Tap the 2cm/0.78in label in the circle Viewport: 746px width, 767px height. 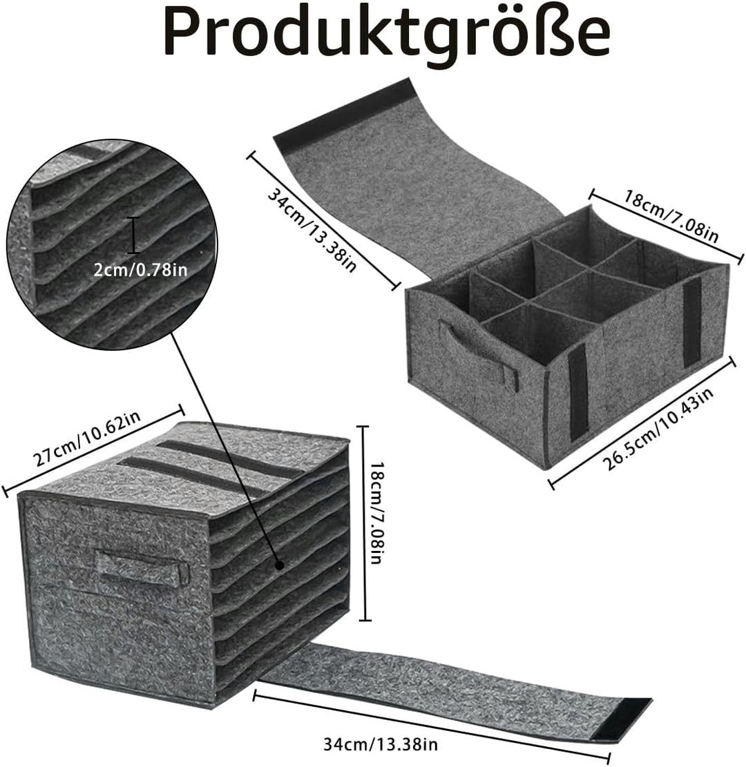[140, 270]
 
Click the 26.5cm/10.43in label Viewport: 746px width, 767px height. [658, 429]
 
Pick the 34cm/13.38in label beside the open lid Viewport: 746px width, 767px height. [312, 231]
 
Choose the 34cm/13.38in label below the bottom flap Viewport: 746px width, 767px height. [381, 744]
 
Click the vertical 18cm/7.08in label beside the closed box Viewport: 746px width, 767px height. [377, 513]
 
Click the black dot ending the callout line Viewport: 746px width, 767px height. [280, 565]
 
